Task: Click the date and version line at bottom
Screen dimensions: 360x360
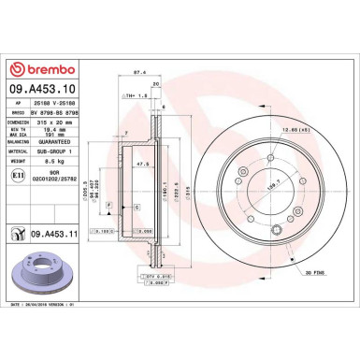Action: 51,320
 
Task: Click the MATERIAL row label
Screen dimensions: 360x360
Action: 20,151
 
